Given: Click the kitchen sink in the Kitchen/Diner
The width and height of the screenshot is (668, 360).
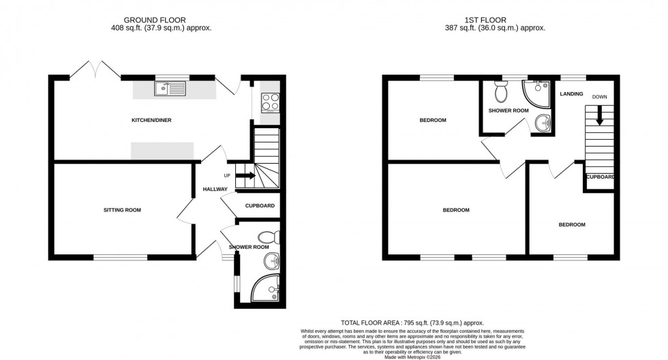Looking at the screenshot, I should tap(169, 88).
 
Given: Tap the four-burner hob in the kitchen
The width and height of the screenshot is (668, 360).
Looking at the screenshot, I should tap(270, 102).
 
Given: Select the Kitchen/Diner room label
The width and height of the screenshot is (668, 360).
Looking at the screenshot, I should tap(151, 121).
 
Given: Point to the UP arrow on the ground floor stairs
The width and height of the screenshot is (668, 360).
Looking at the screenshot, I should tap(246, 176).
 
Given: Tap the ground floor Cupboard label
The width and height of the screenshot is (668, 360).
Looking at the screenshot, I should tap(259, 206).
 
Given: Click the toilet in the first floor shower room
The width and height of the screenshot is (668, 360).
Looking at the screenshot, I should tap(500, 91).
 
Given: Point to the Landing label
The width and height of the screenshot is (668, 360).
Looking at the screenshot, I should tap(571, 94).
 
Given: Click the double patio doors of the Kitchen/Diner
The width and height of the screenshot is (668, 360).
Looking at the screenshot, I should tap(94, 68).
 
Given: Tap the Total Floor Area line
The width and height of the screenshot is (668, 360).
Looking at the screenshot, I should tap(412, 322).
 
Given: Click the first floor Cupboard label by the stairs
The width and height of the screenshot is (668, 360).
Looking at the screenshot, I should tap(600, 177).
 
